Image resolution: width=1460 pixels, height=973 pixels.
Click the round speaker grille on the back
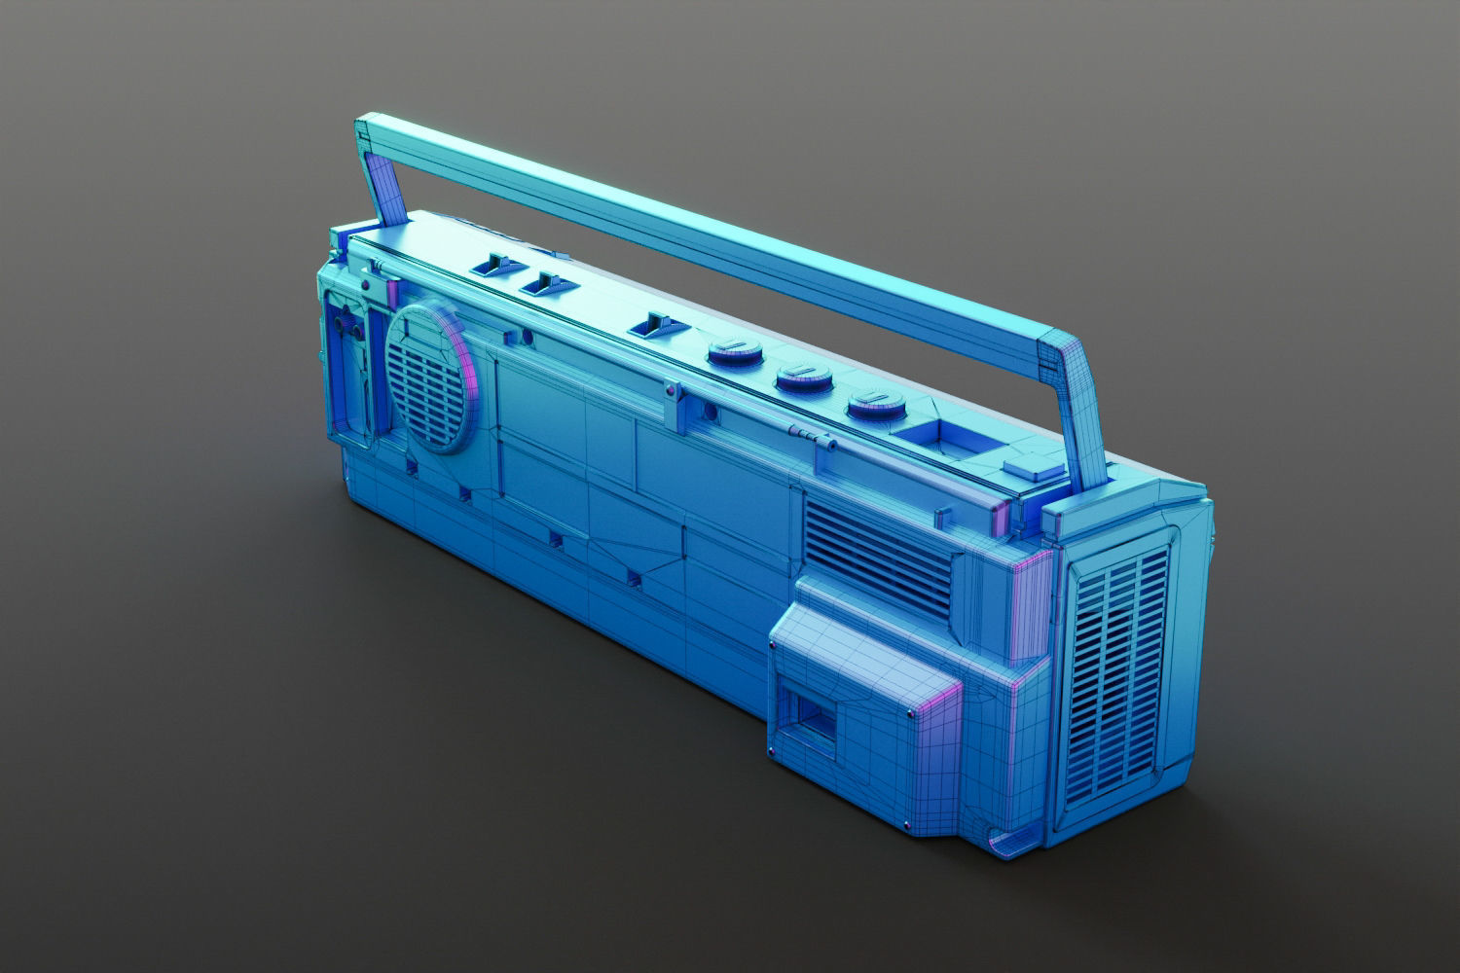pyautogui.click(x=429, y=378)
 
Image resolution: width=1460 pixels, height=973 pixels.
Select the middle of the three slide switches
pyautogui.click(x=547, y=284)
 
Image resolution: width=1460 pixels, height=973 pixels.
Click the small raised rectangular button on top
pyautogui.click(x=1034, y=468)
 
